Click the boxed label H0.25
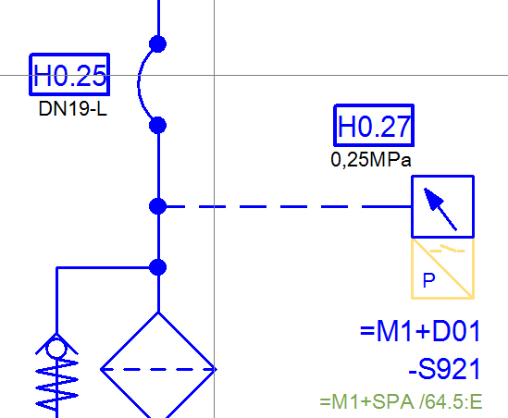pos(69,75)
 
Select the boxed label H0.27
pos(374,126)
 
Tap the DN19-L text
pos(72,108)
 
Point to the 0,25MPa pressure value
pos(371,160)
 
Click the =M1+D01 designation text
pos(420,331)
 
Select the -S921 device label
pos(444,369)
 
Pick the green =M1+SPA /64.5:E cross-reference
pos(401,401)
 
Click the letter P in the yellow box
pos(429,280)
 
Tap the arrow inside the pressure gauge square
pos(440,209)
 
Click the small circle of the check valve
pos(56,349)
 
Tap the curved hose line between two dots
pos(139,84)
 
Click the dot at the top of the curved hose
pos(158,44)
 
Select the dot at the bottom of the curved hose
pos(158,125)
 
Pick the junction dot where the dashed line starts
pos(158,206)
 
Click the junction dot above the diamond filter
pos(158,267)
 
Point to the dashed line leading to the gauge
pos(289,206)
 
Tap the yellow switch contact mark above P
pos(448,249)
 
